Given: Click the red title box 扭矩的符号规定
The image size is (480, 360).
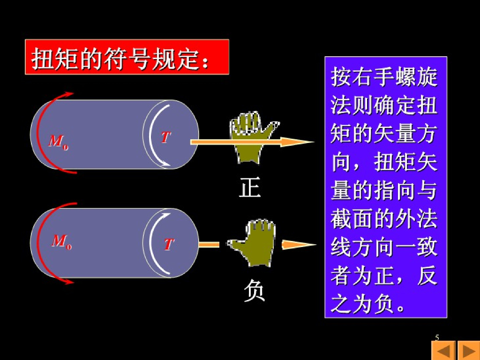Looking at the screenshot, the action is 127,57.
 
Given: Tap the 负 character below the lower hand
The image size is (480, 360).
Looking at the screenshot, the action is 255,291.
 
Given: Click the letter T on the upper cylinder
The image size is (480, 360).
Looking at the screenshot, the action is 166,137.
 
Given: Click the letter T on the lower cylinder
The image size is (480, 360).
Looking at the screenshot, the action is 169,244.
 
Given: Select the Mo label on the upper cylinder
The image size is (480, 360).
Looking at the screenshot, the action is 58,141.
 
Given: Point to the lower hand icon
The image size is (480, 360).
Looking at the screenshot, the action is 253,244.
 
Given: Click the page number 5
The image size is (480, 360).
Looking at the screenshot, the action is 437,337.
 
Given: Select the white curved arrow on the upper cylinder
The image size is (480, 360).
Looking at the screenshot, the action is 155,136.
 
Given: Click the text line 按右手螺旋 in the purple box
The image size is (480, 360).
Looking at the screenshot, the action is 384,77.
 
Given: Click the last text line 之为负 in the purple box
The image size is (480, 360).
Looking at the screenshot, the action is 367,305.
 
